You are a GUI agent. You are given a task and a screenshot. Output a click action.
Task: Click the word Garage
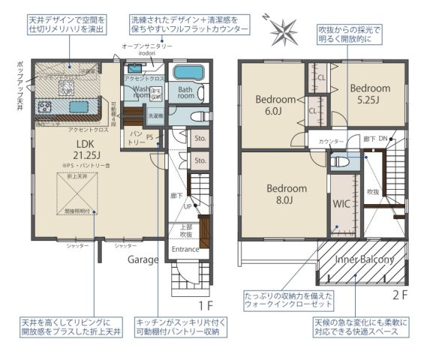(142, 259)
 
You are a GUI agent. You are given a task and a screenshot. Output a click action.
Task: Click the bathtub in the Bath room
(186, 75)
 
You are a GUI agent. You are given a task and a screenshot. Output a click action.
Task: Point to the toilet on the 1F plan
(196, 118)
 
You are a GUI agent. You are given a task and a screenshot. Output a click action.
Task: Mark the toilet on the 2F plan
(341, 160)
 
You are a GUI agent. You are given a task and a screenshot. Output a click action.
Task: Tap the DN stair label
(382, 139)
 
